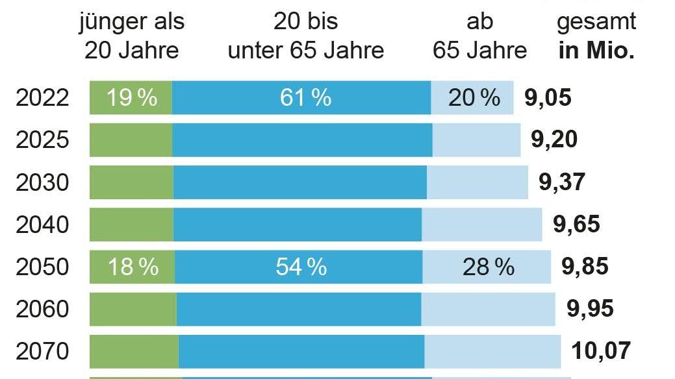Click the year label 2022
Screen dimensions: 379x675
click(42, 98)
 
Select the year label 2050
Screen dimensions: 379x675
click(42, 267)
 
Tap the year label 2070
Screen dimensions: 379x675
click(42, 351)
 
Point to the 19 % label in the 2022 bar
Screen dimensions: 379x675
click(133, 98)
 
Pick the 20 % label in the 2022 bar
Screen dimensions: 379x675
click(474, 98)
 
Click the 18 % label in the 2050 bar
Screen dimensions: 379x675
click(133, 267)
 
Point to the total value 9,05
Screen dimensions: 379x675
click(548, 98)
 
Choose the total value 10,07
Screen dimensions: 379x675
click(601, 351)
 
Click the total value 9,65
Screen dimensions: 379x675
click(576, 225)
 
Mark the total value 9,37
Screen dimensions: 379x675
click(562, 182)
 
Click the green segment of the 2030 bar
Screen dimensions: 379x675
click(131, 182)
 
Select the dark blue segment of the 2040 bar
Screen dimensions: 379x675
click(298, 225)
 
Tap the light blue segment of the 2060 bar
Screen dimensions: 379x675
click(488, 309)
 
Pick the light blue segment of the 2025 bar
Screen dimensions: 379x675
click(476, 140)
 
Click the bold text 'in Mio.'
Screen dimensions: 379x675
click(596, 51)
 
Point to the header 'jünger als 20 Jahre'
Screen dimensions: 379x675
click(132, 36)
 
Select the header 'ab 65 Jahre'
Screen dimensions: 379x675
click(480, 36)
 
